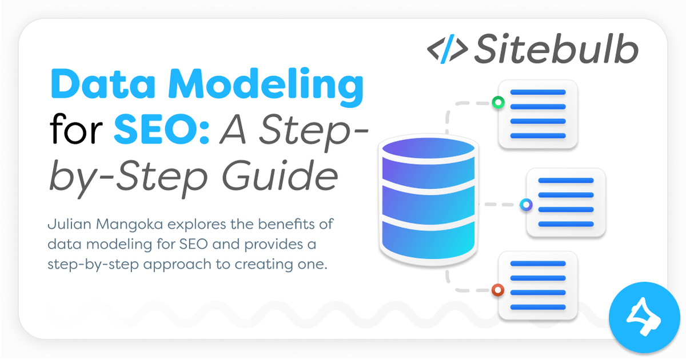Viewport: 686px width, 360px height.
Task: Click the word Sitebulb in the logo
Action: pos(555,49)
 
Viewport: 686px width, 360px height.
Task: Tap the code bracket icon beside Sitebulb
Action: pos(448,49)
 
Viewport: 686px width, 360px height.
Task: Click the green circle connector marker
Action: pos(497,103)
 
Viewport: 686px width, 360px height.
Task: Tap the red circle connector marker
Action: pos(497,290)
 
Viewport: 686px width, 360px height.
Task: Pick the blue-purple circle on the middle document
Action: pos(525,204)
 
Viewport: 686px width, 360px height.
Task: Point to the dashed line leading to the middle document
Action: pos(500,204)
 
